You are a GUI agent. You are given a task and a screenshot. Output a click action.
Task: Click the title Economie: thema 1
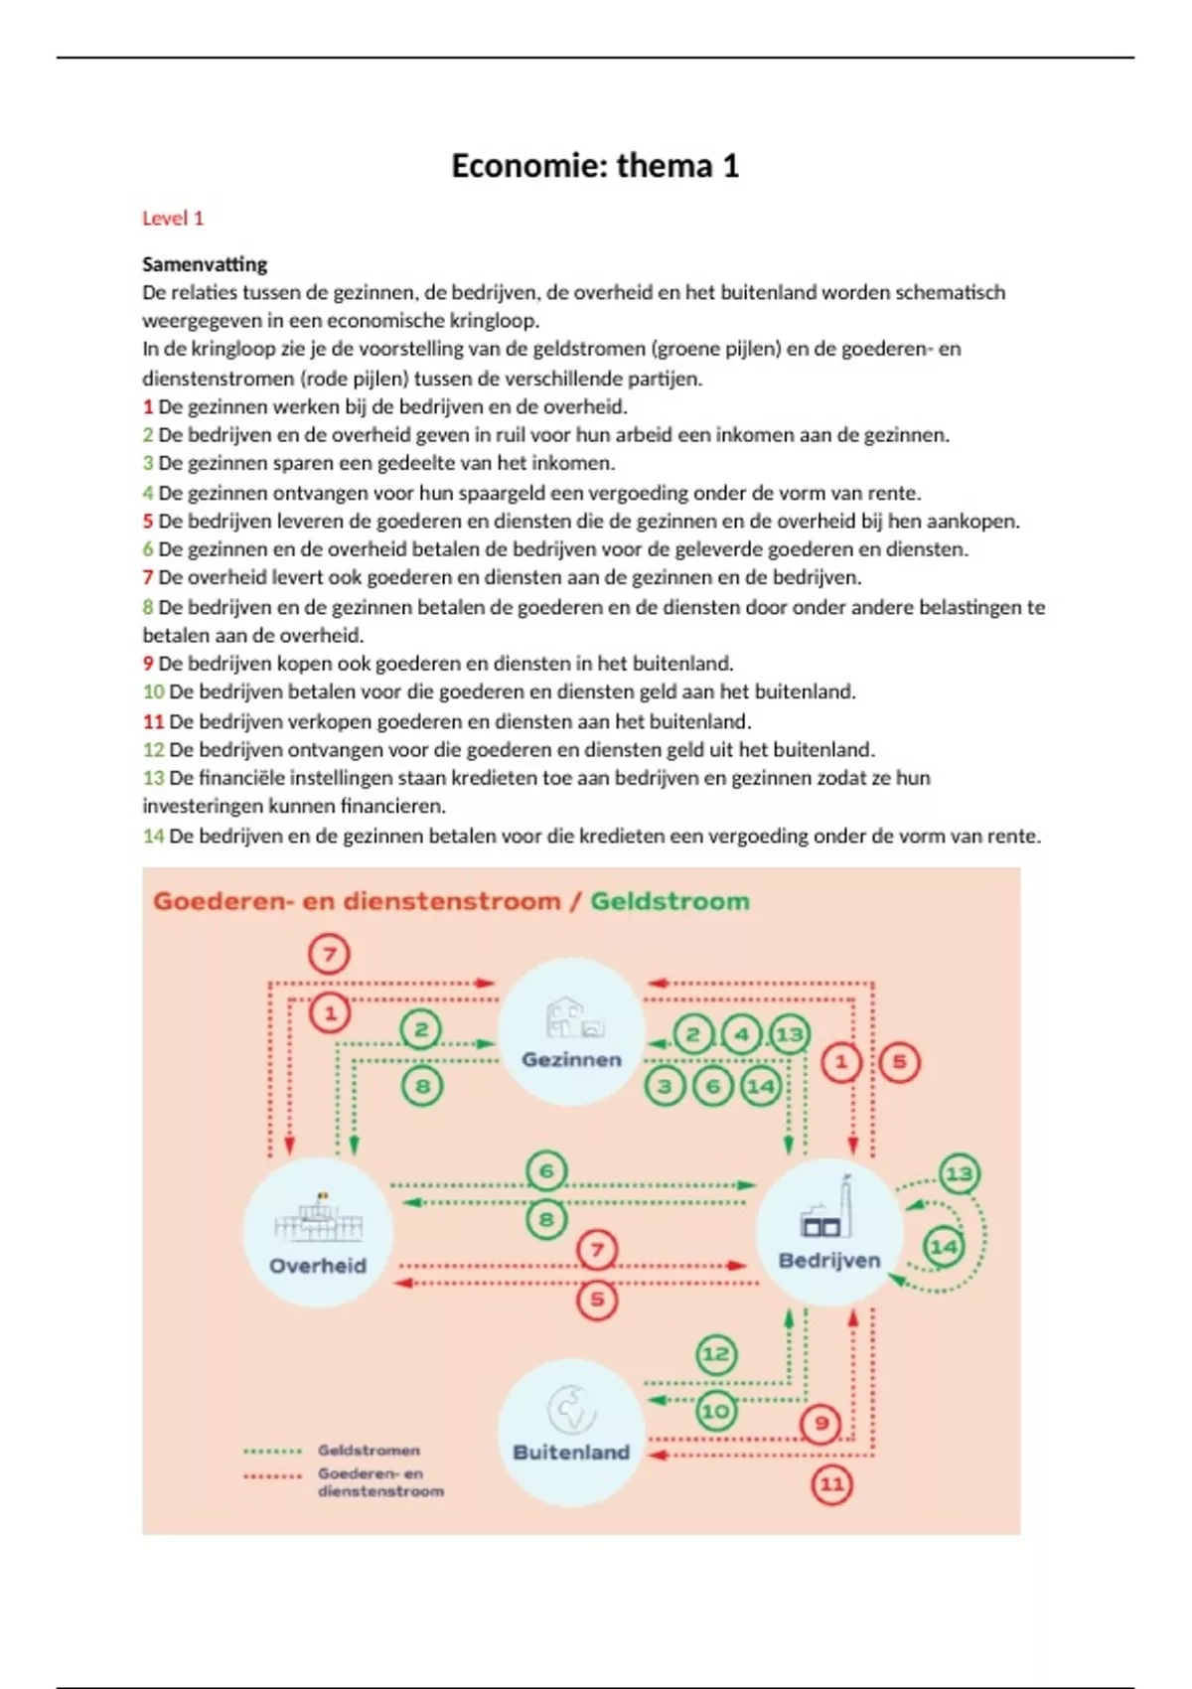(x=595, y=165)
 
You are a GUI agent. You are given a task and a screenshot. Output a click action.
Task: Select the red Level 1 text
(x=173, y=219)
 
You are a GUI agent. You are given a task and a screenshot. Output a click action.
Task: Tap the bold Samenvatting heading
(x=205, y=264)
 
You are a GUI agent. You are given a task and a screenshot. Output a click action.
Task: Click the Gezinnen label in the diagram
(x=571, y=1059)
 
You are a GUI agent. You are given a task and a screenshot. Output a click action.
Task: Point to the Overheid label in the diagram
(x=318, y=1266)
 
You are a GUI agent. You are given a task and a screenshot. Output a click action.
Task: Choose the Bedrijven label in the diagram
(x=829, y=1260)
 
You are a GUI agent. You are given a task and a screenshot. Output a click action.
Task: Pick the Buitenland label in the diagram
(x=571, y=1452)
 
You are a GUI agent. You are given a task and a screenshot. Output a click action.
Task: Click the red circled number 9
(x=821, y=1423)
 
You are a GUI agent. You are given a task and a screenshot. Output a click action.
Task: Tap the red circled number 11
(x=832, y=1484)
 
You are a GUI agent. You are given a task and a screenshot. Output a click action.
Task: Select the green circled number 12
(x=716, y=1353)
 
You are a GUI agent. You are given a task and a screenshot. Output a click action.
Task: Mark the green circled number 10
(x=716, y=1411)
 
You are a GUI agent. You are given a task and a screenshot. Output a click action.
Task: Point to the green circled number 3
(x=665, y=1086)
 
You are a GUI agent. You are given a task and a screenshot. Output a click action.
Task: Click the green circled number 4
(x=741, y=1035)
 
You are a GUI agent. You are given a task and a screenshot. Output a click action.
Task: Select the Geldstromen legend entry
(x=369, y=1451)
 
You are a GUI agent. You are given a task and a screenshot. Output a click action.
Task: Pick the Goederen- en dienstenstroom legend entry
(x=380, y=1482)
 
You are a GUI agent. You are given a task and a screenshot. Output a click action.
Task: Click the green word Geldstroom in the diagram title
(x=670, y=901)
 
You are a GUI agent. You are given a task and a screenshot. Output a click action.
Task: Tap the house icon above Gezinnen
(x=574, y=1018)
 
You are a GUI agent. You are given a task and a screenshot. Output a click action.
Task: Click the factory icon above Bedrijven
(x=828, y=1212)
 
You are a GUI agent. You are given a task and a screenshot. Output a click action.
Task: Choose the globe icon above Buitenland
(x=571, y=1409)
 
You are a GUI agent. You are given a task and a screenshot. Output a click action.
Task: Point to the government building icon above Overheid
(x=319, y=1219)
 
